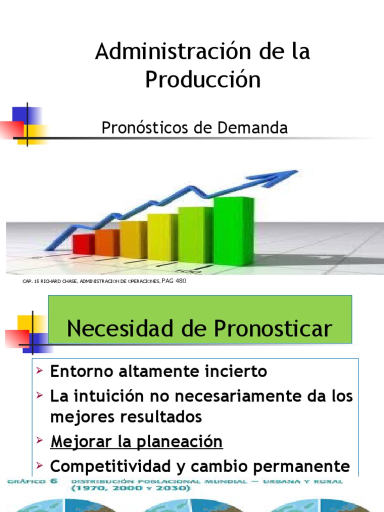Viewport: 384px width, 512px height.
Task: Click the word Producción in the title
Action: point(203,80)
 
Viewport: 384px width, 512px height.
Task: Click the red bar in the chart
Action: point(83,244)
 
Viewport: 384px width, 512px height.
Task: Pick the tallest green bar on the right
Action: point(233,230)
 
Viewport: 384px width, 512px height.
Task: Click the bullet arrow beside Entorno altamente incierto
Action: point(39,371)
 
